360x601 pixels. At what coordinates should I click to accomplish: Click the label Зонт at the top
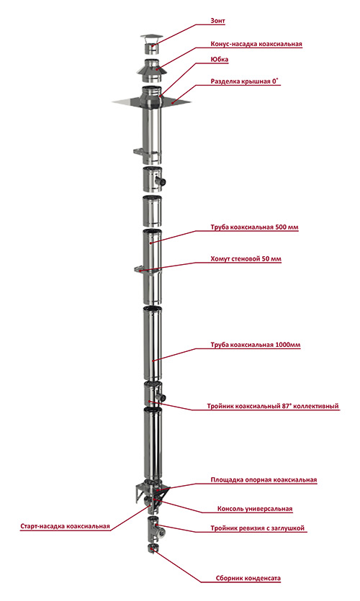pos(217,21)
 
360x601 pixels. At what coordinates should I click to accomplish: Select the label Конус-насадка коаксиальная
pos(256,44)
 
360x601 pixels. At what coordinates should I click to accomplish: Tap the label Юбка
pos(220,60)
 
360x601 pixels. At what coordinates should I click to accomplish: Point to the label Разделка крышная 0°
pos(245,81)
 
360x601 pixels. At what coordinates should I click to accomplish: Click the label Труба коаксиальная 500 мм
pos(254,227)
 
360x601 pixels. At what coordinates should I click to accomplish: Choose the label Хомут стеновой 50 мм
pos(246,258)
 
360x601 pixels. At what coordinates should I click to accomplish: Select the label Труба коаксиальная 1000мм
pos(256,345)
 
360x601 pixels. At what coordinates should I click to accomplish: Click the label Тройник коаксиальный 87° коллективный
pos(273,406)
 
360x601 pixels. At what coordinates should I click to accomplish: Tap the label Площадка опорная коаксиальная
pos(264,479)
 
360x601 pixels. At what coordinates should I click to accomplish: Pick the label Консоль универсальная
pos(255,509)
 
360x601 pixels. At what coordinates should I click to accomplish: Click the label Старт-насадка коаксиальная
pos(65,526)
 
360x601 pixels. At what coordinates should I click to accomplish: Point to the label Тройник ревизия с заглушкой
pos(257,528)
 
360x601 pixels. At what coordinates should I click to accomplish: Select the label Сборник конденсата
pos(248,579)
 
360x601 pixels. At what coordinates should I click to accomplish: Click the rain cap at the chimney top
pos(151,44)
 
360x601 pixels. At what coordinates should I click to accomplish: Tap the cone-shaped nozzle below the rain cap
pos(152,71)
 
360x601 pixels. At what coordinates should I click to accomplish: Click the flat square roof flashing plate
pos(151,101)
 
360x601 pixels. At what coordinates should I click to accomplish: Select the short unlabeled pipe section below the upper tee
pos(152,211)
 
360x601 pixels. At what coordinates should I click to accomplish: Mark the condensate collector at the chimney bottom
pos(152,548)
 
